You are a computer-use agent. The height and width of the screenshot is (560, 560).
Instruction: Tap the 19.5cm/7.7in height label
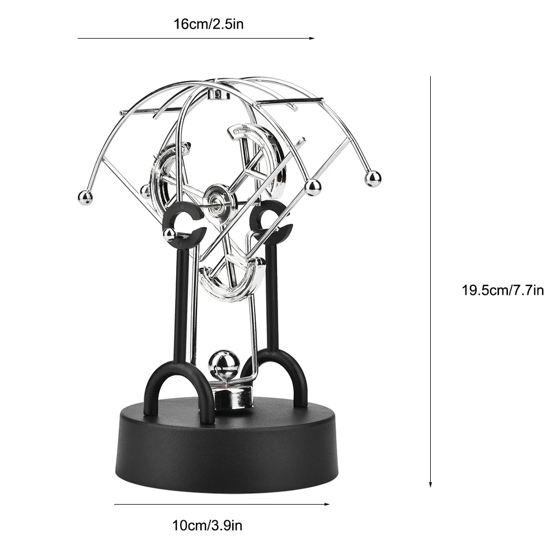(502, 290)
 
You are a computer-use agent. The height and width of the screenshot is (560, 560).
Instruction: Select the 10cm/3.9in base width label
(206, 525)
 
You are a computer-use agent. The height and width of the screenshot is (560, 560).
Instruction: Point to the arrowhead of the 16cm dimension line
(312, 38)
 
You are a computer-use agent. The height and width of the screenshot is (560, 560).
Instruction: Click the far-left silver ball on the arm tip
(85, 197)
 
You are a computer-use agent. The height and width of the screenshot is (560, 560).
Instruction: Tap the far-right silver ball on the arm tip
(373, 179)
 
